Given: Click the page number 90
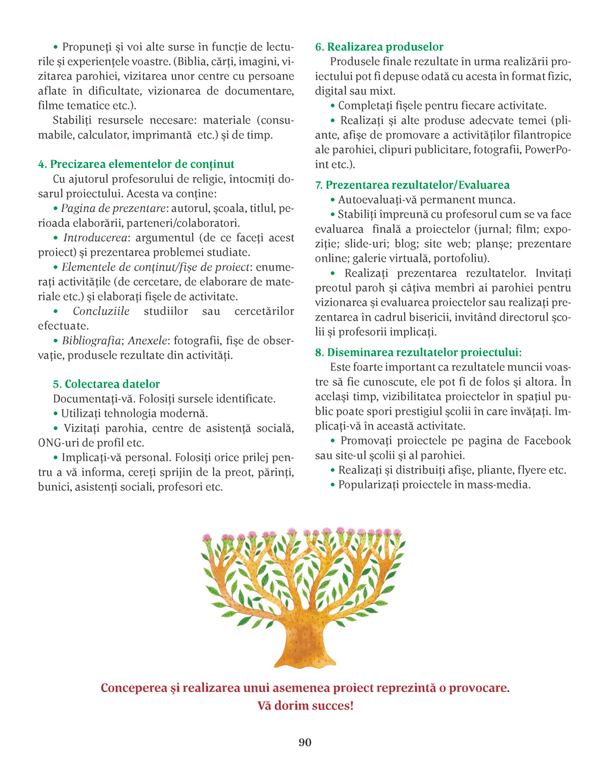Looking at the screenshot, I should pyautogui.click(x=304, y=742).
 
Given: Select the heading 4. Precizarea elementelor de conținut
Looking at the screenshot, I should pyautogui.click(x=136, y=164).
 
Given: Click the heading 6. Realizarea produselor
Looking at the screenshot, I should pyautogui.click(x=379, y=46).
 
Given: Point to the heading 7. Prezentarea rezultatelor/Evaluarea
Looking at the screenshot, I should pyautogui.click(x=412, y=185).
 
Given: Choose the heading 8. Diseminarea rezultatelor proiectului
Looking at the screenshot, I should pyautogui.click(x=418, y=353).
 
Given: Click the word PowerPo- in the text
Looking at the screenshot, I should pyautogui.click(x=548, y=149).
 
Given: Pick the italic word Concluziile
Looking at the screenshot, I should pyautogui.click(x=101, y=311).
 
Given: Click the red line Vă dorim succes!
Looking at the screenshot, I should pyautogui.click(x=305, y=706).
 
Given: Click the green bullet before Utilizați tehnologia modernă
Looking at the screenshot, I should pyautogui.click(x=56, y=413).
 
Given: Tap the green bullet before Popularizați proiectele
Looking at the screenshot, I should pyautogui.click(x=333, y=485).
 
